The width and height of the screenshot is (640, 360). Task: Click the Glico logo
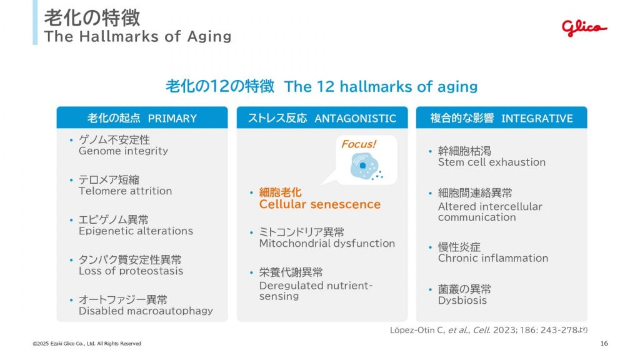point(584,27)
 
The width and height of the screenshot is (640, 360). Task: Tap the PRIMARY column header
point(142,117)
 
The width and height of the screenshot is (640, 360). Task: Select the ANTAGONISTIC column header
point(322,117)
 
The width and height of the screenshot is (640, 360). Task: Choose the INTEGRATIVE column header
point(502,117)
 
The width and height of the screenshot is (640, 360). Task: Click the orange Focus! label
point(358,144)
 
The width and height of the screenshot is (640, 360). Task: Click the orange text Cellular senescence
point(319,204)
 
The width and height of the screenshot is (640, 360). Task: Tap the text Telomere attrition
point(125,191)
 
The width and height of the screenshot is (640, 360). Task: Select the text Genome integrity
point(123,151)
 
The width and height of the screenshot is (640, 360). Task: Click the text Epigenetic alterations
point(136,231)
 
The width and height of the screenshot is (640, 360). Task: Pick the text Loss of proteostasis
point(131,271)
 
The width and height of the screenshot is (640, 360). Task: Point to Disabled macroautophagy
point(146,311)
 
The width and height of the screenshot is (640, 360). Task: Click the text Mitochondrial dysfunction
point(327,243)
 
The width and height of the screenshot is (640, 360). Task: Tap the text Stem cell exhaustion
point(492,162)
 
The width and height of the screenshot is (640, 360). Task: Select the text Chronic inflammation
point(493,258)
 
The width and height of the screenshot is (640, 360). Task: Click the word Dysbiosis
point(462,301)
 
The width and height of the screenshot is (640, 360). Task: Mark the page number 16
point(604,343)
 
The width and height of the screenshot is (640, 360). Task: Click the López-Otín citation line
point(489,330)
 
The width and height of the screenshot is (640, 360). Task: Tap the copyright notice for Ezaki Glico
point(87,344)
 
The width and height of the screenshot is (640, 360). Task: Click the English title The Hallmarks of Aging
point(138,36)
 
